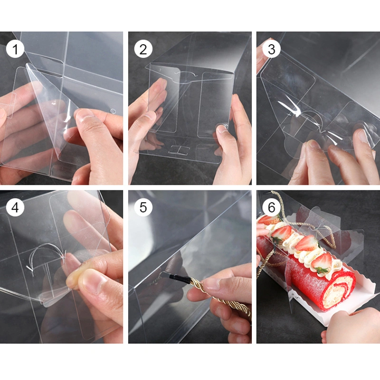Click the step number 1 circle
coord(15,49)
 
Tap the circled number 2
coord(143,49)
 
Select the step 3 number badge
coord(271,49)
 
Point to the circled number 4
coord(15,208)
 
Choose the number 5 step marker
coord(143,208)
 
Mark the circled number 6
coord(271,208)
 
